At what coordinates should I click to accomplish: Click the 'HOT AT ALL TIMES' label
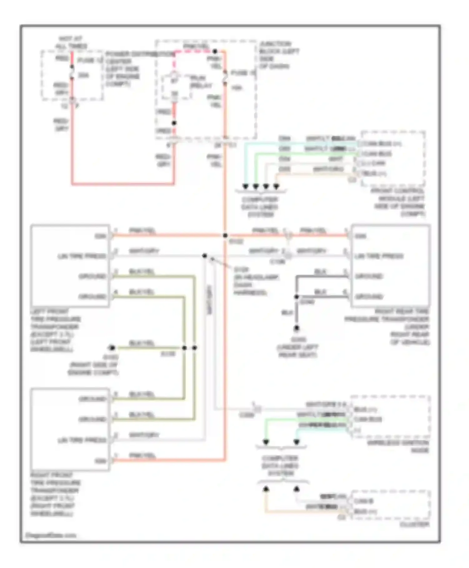[71, 43]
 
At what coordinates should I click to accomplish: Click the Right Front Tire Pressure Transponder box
[70, 429]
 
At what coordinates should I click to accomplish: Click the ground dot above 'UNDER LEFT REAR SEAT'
[296, 328]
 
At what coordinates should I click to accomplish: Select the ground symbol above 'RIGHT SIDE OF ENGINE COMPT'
[112, 348]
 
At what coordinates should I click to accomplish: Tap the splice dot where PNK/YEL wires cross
[225, 235]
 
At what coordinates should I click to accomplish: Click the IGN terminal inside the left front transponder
[101, 236]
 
